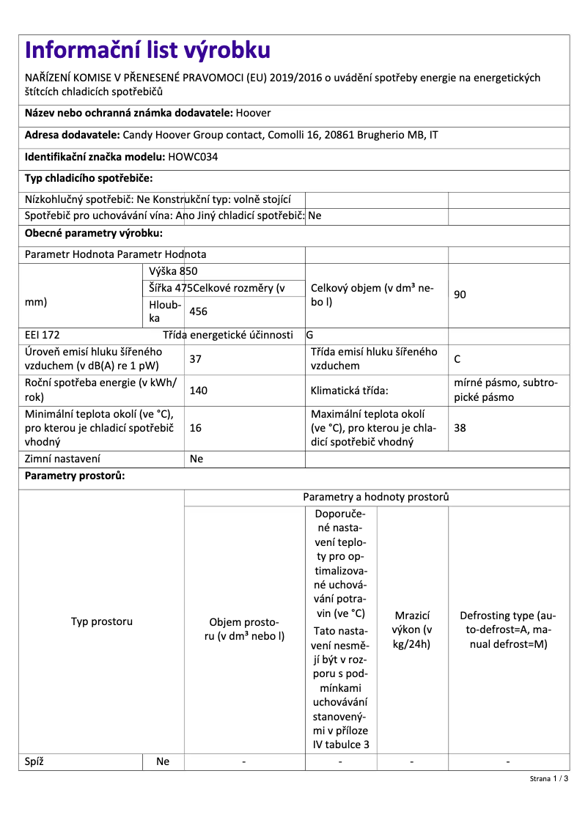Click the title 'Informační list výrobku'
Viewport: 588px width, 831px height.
pos(147,50)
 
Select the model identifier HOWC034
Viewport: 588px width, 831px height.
pos(193,156)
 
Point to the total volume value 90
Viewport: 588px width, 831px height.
pos(460,295)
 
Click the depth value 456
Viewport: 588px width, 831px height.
pos(199,311)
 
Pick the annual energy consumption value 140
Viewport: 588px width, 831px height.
pos(199,391)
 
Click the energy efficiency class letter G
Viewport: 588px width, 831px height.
pos(310,335)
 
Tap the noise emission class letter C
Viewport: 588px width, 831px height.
pos(457,359)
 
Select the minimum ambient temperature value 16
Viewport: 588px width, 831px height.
pos(196,428)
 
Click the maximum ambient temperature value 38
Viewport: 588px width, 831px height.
pos(460,428)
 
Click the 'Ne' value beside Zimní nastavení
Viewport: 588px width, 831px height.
pos(196,459)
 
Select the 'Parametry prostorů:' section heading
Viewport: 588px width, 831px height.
pos(75,476)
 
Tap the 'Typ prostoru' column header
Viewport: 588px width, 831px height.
pos(101,621)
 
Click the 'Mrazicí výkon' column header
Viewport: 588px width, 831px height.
pos(412,629)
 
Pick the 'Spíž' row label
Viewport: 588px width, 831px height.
pos(34,761)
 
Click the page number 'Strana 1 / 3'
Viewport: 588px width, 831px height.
pos(549,779)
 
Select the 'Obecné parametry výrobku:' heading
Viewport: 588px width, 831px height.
pos(94,233)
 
